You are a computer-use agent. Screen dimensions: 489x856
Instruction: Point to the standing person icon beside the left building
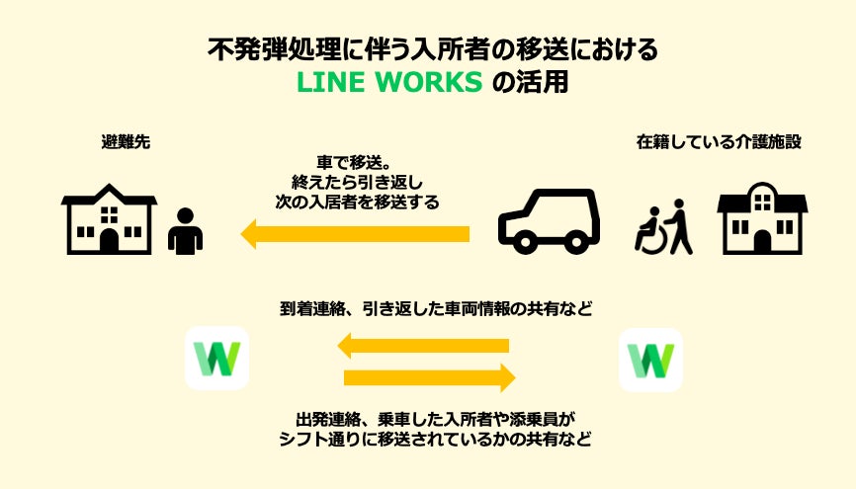(x=185, y=232)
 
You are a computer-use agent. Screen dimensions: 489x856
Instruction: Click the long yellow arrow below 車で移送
(x=356, y=234)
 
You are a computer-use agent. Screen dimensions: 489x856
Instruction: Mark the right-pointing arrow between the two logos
(x=429, y=377)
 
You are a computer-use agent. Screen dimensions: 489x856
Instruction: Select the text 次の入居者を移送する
(x=358, y=201)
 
